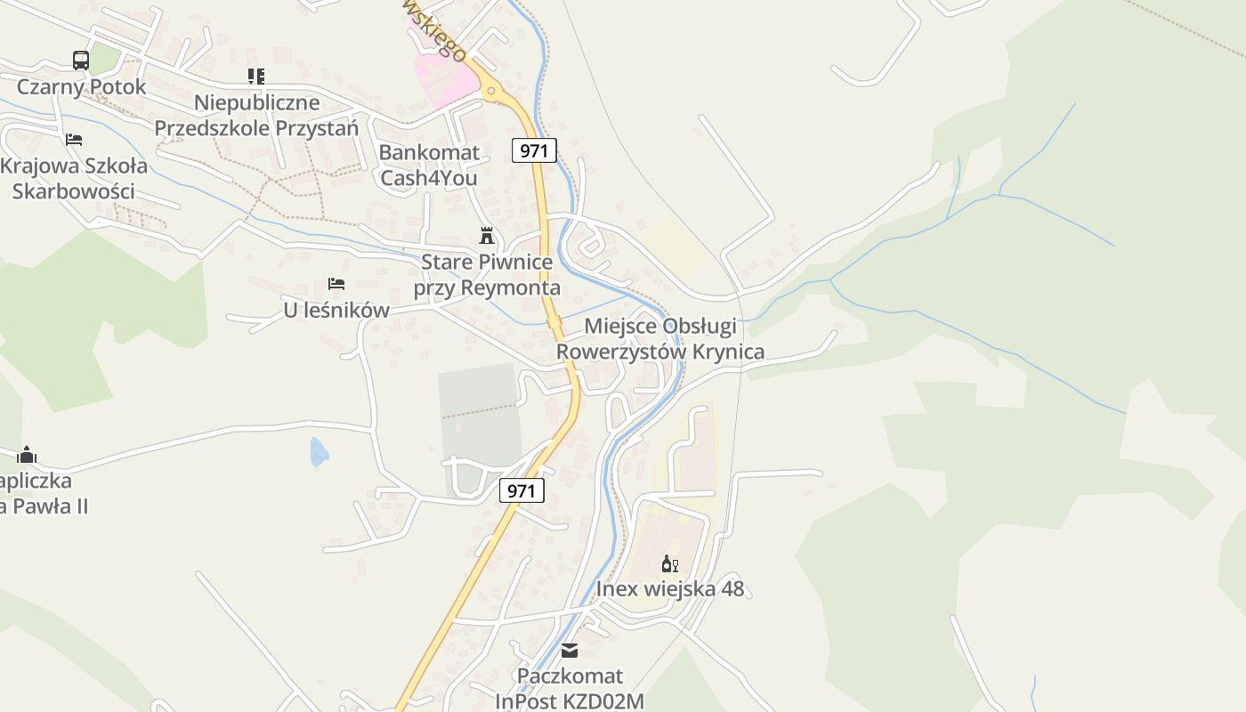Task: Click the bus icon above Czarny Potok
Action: (81, 61)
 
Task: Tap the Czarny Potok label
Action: (81, 87)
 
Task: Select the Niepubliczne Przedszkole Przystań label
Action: (256, 116)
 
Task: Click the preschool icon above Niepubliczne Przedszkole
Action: (256, 77)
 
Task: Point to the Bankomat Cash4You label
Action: (429, 165)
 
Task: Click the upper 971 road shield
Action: (534, 150)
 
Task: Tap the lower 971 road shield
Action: (522, 490)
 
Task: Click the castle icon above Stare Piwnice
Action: (487, 236)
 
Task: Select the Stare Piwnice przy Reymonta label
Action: (487, 275)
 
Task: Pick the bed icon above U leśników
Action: (336, 284)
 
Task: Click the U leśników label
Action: (336, 311)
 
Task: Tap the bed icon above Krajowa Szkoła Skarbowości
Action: (74, 140)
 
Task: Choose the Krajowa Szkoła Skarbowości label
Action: (68, 179)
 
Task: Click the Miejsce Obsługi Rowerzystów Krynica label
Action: (659, 339)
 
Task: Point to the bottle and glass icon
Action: (670, 563)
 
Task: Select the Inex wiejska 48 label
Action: (670, 589)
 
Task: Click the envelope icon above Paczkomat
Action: (570, 651)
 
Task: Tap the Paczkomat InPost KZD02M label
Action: (570, 689)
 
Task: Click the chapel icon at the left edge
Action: (27, 455)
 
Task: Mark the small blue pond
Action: (319, 453)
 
